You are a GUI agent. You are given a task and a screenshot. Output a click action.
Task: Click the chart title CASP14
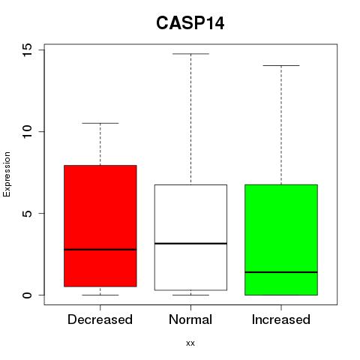click(190, 23)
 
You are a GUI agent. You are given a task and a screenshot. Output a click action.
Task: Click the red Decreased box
click(100, 226)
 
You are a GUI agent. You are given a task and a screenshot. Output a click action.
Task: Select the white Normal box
click(190, 238)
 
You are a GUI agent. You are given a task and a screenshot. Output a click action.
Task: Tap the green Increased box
click(281, 240)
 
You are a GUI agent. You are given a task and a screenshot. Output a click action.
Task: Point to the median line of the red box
click(100, 250)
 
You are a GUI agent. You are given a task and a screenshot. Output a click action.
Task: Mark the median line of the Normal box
click(190, 243)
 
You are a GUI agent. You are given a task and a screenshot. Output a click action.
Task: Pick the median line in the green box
click(281, 272)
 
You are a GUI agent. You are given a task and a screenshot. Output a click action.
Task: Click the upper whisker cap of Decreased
click(100, 123)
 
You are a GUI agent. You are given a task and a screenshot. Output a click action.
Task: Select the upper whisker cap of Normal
click(190, 54)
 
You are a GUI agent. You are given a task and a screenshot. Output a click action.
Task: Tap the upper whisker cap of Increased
click(281, 65)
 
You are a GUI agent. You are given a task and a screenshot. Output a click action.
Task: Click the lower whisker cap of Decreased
click(100, 295)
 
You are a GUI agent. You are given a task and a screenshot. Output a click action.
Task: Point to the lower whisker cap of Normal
click(190, 295)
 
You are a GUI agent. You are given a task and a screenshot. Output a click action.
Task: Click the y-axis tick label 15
click(27, 49)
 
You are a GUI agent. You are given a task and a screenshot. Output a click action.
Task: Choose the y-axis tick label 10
click(27, 131)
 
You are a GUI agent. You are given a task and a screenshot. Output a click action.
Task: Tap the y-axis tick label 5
click(27, 213)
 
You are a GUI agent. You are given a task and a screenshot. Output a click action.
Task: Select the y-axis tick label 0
click(27, 295)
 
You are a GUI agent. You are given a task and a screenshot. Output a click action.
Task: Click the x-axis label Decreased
click(100, 319)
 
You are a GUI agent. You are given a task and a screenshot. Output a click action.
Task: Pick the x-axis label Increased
click(281, 319)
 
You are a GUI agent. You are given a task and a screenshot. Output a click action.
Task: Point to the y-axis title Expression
click(7, 174)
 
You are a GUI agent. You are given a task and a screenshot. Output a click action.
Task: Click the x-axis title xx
click(190, 343)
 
